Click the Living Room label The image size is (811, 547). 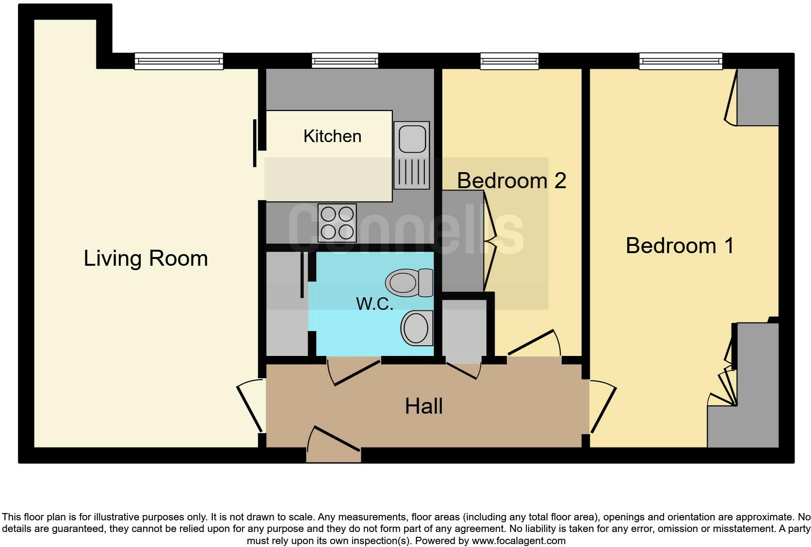click(x=146, y=258)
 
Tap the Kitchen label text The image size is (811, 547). click(x=332, y=136)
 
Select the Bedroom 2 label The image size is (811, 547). click(x=511, y=180)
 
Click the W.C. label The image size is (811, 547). click(x=374, y=304)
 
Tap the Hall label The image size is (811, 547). click(x=423, y=406)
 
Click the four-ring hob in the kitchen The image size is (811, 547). click(x=337, y=223)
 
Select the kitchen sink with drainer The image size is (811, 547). click(x=411, y=155)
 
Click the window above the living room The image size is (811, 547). click(x=178, y=61)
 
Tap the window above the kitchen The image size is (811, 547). click(x=345, y=61)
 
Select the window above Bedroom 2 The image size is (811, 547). click(x=509, y=61)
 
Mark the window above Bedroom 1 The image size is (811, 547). click(x=681, y=61)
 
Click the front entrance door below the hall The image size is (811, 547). click(x=335, y=444)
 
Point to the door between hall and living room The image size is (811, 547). click(x=251, y=405)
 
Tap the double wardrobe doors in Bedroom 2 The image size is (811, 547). click(x=490, y=240)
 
